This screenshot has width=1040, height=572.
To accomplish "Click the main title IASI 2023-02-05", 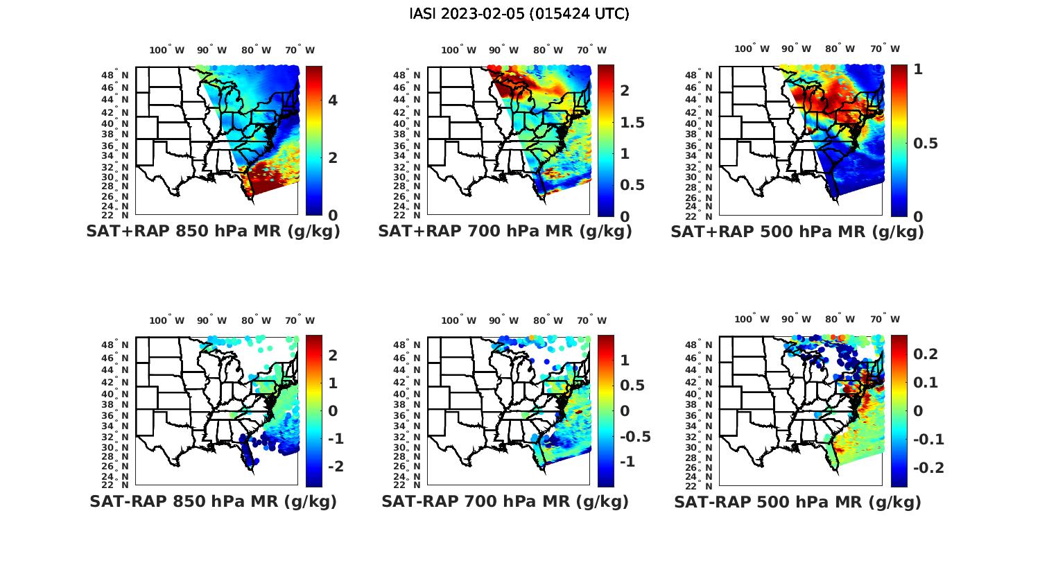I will click(519, 14).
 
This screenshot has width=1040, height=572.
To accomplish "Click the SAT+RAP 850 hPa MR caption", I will click(213, 232).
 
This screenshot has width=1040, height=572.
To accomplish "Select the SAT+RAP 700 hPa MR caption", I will click(505, 232).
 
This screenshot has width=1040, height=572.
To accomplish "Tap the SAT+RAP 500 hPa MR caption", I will click(797, 232).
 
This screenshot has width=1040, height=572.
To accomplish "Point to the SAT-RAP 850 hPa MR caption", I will click(213, 501).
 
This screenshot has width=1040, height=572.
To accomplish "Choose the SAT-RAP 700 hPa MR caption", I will click(505, 501).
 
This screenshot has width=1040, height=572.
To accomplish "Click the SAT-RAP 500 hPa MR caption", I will click(797, 501).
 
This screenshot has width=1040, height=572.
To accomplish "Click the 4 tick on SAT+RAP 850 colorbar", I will click(333, 101).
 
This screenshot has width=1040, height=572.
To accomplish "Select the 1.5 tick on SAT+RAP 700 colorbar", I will click(632, 123).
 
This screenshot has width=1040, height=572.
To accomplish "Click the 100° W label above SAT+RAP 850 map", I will click(167, 50).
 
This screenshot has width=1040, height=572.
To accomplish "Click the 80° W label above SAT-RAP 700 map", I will click(548, 320).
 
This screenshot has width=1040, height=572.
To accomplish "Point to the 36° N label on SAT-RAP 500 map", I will click(704, 415).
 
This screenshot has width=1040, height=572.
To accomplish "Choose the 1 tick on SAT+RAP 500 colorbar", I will click(918, 69).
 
